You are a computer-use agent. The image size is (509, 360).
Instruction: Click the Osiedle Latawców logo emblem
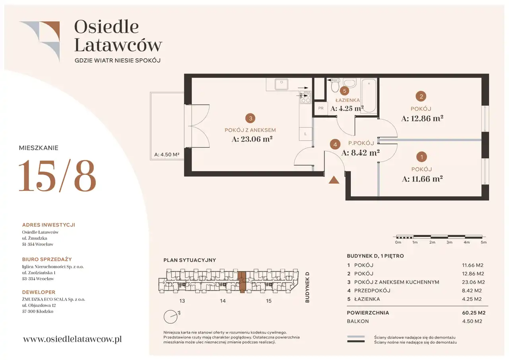click(x=40, y=41)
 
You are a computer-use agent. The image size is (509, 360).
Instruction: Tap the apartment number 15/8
click(x=58, y=175)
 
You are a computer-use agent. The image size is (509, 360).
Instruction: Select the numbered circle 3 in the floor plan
click(x=250, y=118)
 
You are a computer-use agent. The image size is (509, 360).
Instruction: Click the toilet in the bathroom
click(x=335, y=85)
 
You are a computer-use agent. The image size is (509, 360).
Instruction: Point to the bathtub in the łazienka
click(x=369, y=96)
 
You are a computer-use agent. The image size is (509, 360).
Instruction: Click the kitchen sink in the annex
click(x=281, y=85)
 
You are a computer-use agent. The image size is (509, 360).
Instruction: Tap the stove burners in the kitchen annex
click(x=305, y=97)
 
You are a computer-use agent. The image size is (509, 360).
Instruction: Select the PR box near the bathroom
click(x=321, y=109)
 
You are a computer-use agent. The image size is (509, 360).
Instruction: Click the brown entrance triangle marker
click(x=334, y=180)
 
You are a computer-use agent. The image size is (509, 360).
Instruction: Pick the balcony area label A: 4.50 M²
click(x=167, y=155)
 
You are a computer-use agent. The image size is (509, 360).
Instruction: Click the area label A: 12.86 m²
click(x=422, y=118)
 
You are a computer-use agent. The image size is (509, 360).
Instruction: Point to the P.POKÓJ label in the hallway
click(x=361, y=143)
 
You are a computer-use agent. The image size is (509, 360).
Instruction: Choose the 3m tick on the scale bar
click(x=449, y=242)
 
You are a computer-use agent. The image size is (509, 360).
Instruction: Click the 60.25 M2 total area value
click(x=474, y=313)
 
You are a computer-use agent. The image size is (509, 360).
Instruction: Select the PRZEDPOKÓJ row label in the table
click(x=372, y=290)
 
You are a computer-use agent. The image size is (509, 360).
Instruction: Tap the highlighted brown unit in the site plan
click(x=242, y=282)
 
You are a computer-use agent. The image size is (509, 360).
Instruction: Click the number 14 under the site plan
click(x=223, y=301)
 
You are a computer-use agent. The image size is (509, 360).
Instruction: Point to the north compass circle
click(x=171, y=317)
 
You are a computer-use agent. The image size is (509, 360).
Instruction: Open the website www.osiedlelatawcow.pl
click(x=72, y=339)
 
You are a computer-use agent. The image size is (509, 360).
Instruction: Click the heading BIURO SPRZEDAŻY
click(x=47, y=259)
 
